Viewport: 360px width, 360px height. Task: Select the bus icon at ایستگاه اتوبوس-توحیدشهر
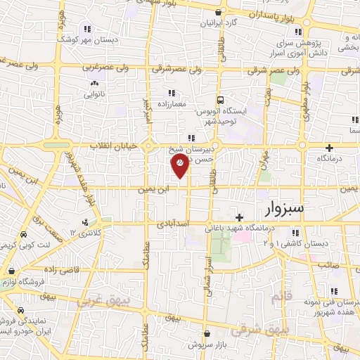click(x=220, y=100)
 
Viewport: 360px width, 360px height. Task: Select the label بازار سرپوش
click(x=210, y=345)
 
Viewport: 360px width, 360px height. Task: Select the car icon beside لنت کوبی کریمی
click(x=24, y=235)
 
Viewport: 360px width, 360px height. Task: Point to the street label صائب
click(x=329, y=264)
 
